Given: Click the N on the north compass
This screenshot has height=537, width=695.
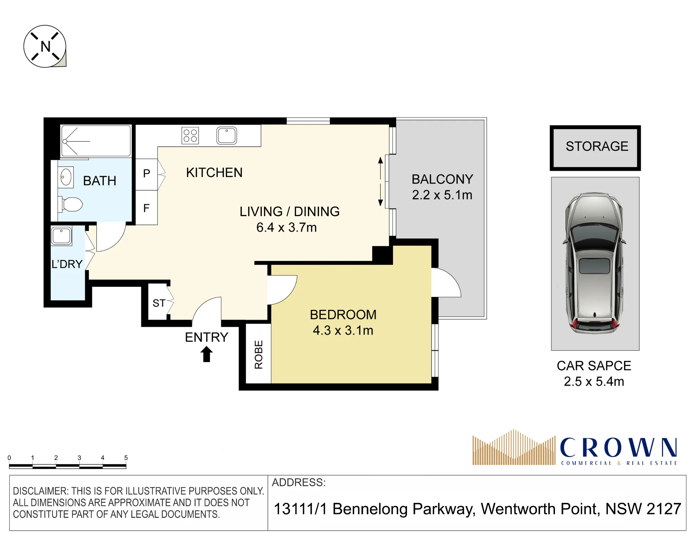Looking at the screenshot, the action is click(46, 46).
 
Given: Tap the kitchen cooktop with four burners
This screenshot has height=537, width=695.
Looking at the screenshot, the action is click(190, 135).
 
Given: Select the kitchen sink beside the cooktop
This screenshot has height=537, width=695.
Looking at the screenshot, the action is click(227, 135).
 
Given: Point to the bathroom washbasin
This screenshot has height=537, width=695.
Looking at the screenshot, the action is click(66, 177).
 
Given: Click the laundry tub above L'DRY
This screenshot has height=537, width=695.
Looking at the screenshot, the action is click(62, 236).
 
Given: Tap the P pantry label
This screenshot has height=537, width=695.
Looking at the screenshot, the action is click(147, 173).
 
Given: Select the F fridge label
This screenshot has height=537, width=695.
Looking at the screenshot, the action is click(147, 208).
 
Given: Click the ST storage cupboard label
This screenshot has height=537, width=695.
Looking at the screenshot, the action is click(159, 303).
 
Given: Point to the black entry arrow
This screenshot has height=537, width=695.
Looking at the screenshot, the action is click(206, 354).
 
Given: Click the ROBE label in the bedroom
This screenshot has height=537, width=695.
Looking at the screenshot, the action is click(259, 355).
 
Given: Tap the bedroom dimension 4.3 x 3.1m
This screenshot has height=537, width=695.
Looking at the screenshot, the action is click(343, 330).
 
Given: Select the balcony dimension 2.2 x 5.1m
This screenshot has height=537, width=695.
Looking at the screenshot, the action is click(442, 195).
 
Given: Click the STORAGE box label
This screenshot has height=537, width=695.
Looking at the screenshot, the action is click(597, 146).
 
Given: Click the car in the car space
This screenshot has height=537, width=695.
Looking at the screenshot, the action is click(595, 263).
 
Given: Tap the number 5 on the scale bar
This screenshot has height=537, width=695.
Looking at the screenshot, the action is click(126, 458).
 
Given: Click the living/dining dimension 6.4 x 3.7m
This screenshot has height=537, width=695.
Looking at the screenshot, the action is click(286, 228).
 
